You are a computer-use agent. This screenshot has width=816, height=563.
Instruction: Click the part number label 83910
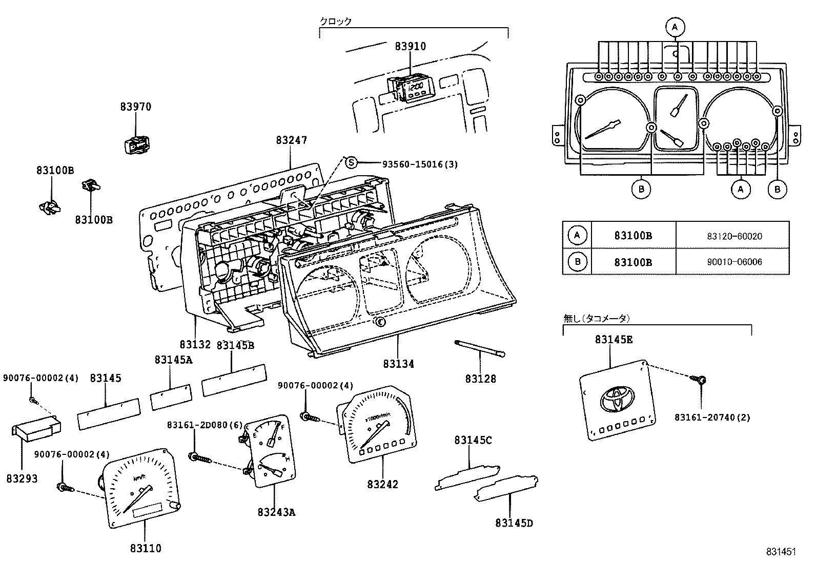click(410, 47)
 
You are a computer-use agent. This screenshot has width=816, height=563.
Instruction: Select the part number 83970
click(136, 107)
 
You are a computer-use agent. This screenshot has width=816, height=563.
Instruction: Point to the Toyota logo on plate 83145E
click(618, 398)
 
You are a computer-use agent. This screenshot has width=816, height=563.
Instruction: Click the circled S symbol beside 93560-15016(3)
click(351, 163)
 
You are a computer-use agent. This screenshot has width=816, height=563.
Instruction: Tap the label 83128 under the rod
click(481, 379)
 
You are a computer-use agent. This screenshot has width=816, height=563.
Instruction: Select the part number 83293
click(22, 478)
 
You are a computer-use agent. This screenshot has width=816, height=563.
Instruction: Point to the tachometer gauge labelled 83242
click(377, 426)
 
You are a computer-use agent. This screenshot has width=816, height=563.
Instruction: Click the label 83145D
click(514, 523)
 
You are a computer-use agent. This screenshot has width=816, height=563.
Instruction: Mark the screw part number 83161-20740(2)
click(712, 418)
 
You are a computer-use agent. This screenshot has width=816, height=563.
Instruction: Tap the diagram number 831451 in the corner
click(781, 552)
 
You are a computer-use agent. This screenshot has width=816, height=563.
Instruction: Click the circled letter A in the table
click(577, 236)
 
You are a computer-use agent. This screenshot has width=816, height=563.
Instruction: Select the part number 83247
click(291, 140)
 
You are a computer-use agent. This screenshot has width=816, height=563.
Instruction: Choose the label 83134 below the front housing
click(398, 364)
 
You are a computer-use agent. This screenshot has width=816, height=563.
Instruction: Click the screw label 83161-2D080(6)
click(197, 425)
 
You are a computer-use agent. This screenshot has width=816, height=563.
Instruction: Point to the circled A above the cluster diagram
click(675, 26)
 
